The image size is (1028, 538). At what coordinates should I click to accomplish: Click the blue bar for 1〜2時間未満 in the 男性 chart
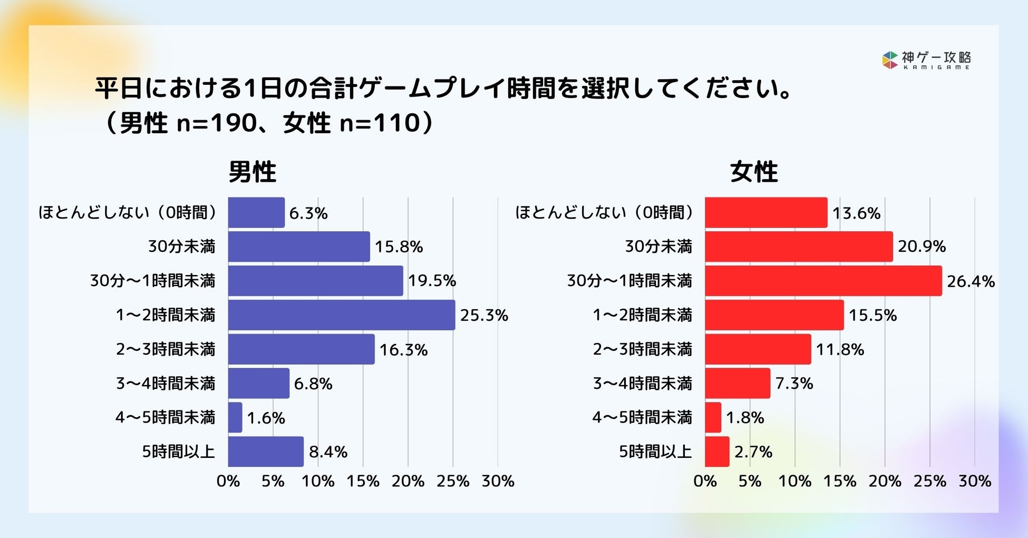click(342, 315)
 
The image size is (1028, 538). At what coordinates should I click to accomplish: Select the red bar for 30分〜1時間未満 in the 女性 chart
click(823, 281)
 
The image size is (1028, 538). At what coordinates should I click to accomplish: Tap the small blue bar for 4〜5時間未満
click(235, 417)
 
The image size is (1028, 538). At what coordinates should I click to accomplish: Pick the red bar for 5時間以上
click(717, 452)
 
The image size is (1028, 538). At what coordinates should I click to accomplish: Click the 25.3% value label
click(483, 316)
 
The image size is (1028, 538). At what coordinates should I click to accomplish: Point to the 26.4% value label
click(970, 281)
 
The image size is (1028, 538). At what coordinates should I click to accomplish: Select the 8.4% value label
click(327, 452)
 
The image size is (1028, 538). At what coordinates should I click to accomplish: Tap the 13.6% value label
click(856, 213)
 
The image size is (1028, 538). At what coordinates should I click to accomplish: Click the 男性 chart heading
click(252, 172)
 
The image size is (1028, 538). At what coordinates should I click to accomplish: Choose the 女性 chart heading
click(754, 172)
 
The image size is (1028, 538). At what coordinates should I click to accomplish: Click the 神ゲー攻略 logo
click(926, 60)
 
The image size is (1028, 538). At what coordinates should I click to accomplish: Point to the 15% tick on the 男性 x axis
click(363, 481)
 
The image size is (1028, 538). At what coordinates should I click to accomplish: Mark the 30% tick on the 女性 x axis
click(975, 481)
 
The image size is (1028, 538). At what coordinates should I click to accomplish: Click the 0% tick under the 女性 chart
click(705, 481)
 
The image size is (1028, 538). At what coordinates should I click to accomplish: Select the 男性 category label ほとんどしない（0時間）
click(128, 212)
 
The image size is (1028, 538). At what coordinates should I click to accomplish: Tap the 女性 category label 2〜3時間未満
click(642, 349)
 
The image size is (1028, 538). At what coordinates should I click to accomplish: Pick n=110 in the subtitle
click(379, 123)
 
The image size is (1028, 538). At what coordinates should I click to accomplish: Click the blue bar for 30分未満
click(299, 247)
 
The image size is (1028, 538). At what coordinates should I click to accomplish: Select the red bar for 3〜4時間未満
click(737, 383)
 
